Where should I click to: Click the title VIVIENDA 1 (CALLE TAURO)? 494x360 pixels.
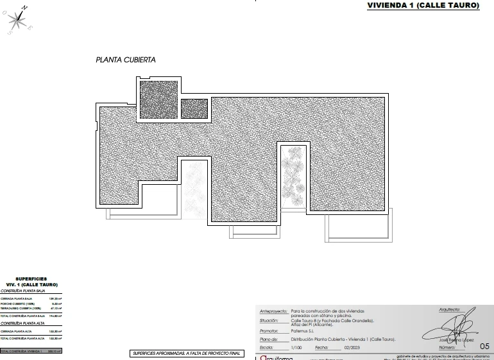coord(423,5)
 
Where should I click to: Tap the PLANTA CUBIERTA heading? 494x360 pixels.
coord(126,60)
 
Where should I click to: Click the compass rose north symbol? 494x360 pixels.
coord(19,18)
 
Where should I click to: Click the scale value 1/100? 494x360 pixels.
coord(296,347)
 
